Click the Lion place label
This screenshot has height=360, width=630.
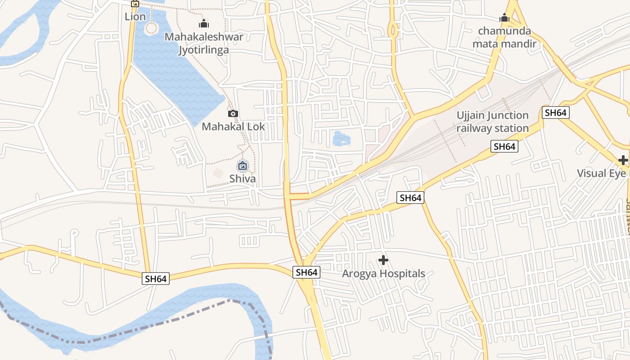tap(135, 17)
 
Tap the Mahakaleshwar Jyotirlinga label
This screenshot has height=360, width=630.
tap(203, 43)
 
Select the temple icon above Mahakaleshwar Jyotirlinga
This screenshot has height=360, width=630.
tap(203, 23)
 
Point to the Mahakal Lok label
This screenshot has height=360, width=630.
tap(233, 126)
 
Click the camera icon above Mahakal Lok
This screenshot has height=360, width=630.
tap(233, 114)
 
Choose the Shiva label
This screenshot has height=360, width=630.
tap(243, 179)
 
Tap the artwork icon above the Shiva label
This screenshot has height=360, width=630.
tap(243, 166)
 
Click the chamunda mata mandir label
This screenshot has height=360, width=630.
tap(504, 38)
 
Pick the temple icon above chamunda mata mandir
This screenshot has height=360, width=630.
tap(504, 18)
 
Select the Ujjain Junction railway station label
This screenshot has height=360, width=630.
tap(493, 122)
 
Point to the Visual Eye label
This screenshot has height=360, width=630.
tap(601, 173)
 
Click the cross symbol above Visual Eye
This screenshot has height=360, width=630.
tap(623, 160)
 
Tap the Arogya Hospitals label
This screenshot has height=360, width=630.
tap(383, 274)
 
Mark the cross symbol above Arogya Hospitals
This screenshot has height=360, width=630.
tap(383, 260)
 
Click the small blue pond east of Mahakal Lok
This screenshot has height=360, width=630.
tap(341, 139)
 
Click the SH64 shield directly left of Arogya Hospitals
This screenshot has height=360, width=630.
tap(307, 272)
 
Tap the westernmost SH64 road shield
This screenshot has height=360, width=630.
tap(156, 279)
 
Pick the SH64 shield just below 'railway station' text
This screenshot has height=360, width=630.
tap(504, 146)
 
